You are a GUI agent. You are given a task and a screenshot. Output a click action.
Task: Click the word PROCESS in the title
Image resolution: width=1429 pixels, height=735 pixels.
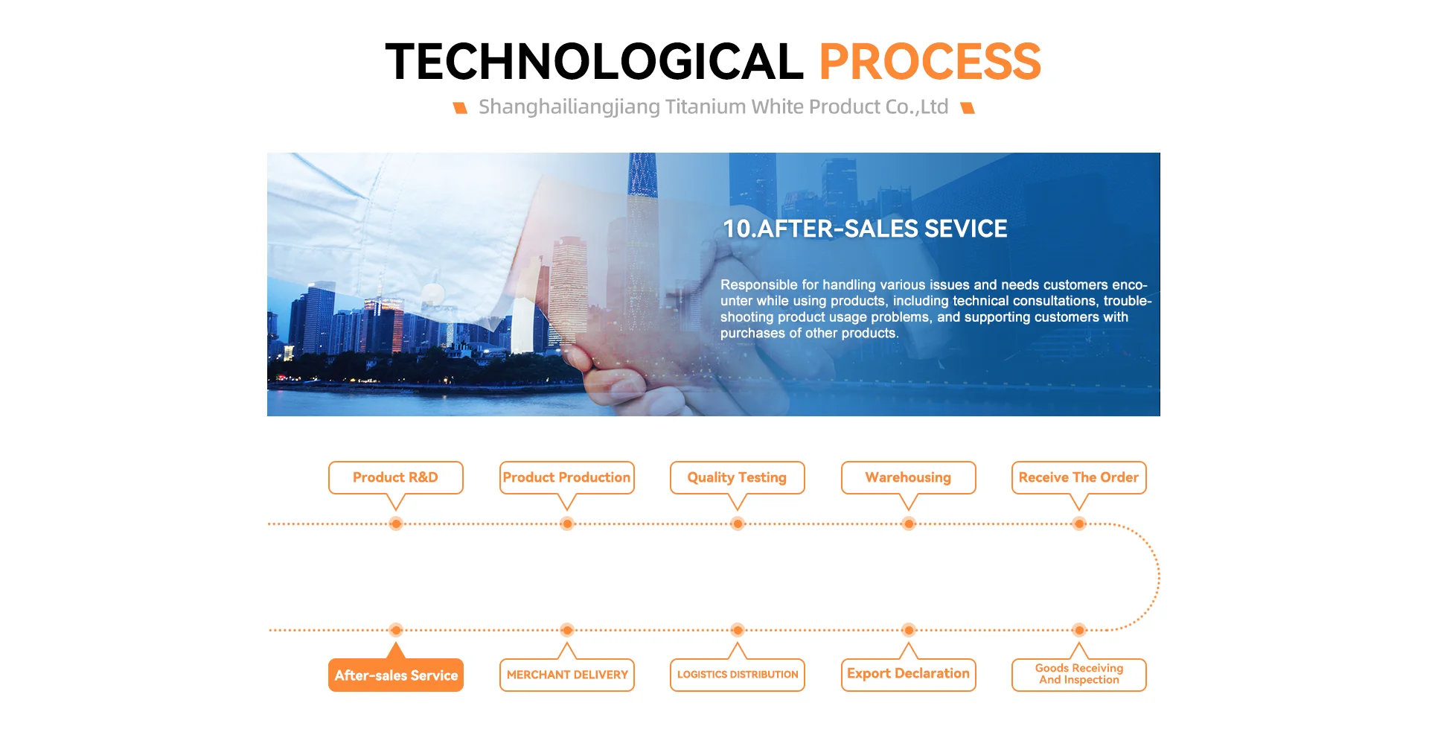coord(930,61)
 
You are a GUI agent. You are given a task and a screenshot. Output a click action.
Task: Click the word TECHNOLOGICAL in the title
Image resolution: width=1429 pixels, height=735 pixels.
coord(594,61)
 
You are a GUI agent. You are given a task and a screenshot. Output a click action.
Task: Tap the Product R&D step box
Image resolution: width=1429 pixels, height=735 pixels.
coord(396,477)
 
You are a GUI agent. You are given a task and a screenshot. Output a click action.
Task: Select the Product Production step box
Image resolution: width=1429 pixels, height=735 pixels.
coord(567,477)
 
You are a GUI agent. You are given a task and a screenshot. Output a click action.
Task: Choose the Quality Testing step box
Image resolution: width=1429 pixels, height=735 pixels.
coord(738,477)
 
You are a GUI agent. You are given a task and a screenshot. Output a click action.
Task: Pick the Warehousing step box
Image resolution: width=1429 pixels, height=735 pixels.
coord(909,477)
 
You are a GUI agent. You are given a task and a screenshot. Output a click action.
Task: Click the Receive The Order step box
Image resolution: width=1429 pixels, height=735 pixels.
coord(1079,477)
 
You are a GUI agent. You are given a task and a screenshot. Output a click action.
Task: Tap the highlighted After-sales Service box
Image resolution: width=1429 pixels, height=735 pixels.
coord(396,675)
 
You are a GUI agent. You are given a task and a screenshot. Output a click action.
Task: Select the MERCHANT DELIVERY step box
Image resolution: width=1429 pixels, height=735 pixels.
coord(567,675)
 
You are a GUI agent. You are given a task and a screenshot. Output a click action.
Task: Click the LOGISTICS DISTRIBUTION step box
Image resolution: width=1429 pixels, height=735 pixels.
coord(738,675)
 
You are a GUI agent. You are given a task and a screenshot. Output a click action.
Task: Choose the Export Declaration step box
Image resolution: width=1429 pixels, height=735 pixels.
coord(909,675)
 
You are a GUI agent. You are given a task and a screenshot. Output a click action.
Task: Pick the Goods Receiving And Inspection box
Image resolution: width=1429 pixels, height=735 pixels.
coord(1079,675)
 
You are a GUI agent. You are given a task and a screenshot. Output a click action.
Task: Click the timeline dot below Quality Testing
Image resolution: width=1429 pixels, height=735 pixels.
coord(738,524)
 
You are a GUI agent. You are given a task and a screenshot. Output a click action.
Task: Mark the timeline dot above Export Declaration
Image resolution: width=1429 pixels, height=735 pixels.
coord(909,630)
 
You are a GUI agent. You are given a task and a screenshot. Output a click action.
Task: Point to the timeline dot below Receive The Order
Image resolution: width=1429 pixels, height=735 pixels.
coord(1079,524)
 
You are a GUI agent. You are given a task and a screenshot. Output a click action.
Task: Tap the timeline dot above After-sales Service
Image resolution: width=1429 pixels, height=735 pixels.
coord(396,630)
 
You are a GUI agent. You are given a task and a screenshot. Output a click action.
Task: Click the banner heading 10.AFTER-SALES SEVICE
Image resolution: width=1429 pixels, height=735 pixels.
coord(865,229)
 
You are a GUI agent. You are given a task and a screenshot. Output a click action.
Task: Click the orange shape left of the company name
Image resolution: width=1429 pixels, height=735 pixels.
coord(461,108)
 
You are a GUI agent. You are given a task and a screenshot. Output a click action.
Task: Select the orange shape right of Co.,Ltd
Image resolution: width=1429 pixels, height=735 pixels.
coord(968,108)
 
